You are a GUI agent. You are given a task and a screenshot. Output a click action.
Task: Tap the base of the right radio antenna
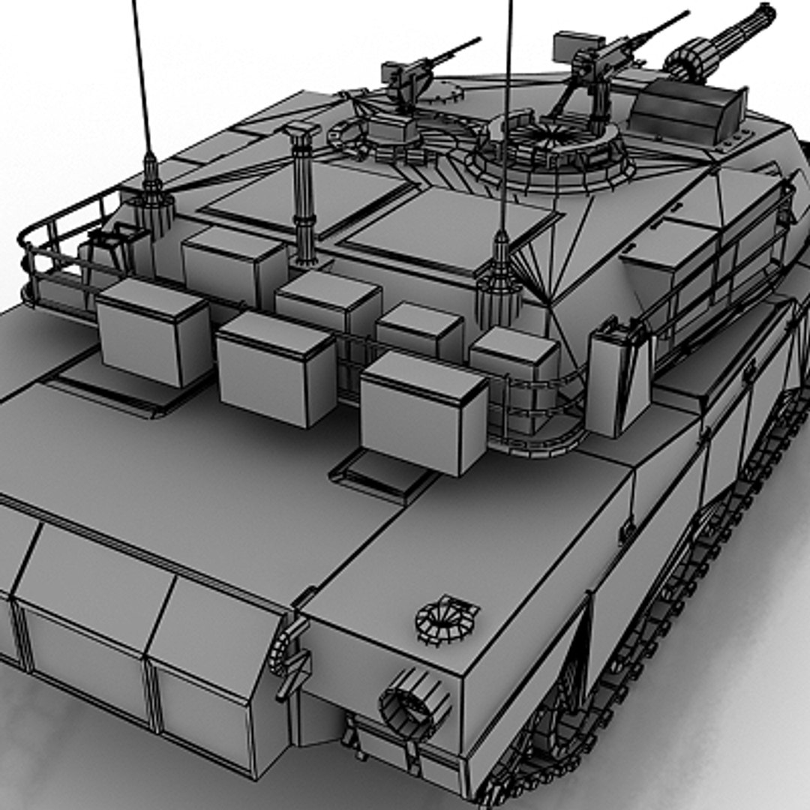[499, 281]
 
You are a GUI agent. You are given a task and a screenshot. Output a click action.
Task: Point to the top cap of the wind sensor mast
[301, 132]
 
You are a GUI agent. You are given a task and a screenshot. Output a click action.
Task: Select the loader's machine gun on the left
[409, 75]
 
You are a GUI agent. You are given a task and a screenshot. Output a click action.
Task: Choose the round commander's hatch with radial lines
[547, 142]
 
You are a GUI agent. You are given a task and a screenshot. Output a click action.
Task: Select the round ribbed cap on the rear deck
[447, 618]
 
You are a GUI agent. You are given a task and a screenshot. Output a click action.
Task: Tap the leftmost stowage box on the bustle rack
[154, 331]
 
